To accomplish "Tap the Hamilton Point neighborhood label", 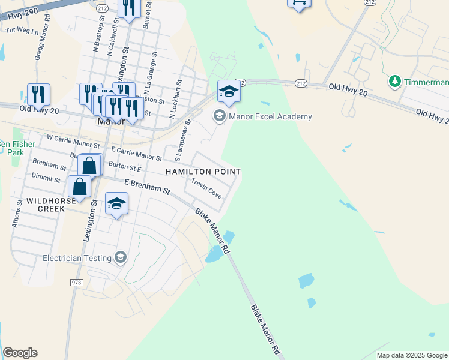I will click(x=203, y=172).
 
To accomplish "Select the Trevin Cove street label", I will click(x=206, y=188).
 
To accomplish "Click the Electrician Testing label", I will click(x=77, y=258).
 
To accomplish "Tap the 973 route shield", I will click(x=76, y=282).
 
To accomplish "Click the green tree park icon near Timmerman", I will click(x=394, y=81).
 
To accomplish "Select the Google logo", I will click(x=20, y=353).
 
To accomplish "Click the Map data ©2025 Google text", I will click(x=412, y=355).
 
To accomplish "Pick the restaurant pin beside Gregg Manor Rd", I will click(x=38, y=94).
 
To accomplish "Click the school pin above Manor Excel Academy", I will click(x=228, y=91).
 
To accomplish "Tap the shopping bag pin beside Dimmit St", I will click(x=80, y=186).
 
